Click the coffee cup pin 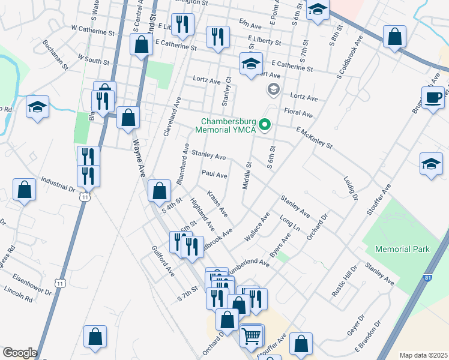tap(433, 98)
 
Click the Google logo tap(20, 353)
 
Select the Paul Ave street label tap(214, 175)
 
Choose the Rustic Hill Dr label tap(344, 282)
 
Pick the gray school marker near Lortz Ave tap(274, 90)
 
